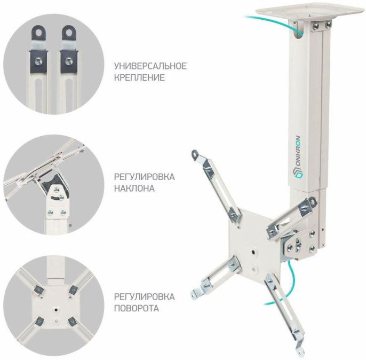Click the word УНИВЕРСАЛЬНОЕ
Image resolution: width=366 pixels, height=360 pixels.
pyautogui.click(x=150, y=66)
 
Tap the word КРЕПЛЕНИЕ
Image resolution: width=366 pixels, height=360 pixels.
pyautogui.click(x=139, y=77)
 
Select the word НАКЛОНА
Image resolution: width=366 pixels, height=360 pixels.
pyautogui.click(x=134, y=188)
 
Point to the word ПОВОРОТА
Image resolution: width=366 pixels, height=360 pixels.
pyautogui.click(x=137, y=308)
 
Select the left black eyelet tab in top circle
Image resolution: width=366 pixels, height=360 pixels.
pyautogui.click(x=38, y=32)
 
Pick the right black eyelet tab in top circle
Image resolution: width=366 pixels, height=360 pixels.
pyautogui.click(x=69, y=32)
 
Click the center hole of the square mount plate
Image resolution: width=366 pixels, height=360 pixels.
pyautogui.click(x=253, y=252)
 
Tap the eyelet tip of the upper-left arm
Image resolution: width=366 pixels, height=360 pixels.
pyautogui.click(x=194, y=154)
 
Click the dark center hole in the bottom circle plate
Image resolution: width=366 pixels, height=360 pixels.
pyautogui.click(x=56, y=310)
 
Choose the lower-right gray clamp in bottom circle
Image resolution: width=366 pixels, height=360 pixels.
pyautogui.click(x=72, y=323)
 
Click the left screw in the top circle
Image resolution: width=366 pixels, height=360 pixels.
pyautogui.click(x=38, y=61)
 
